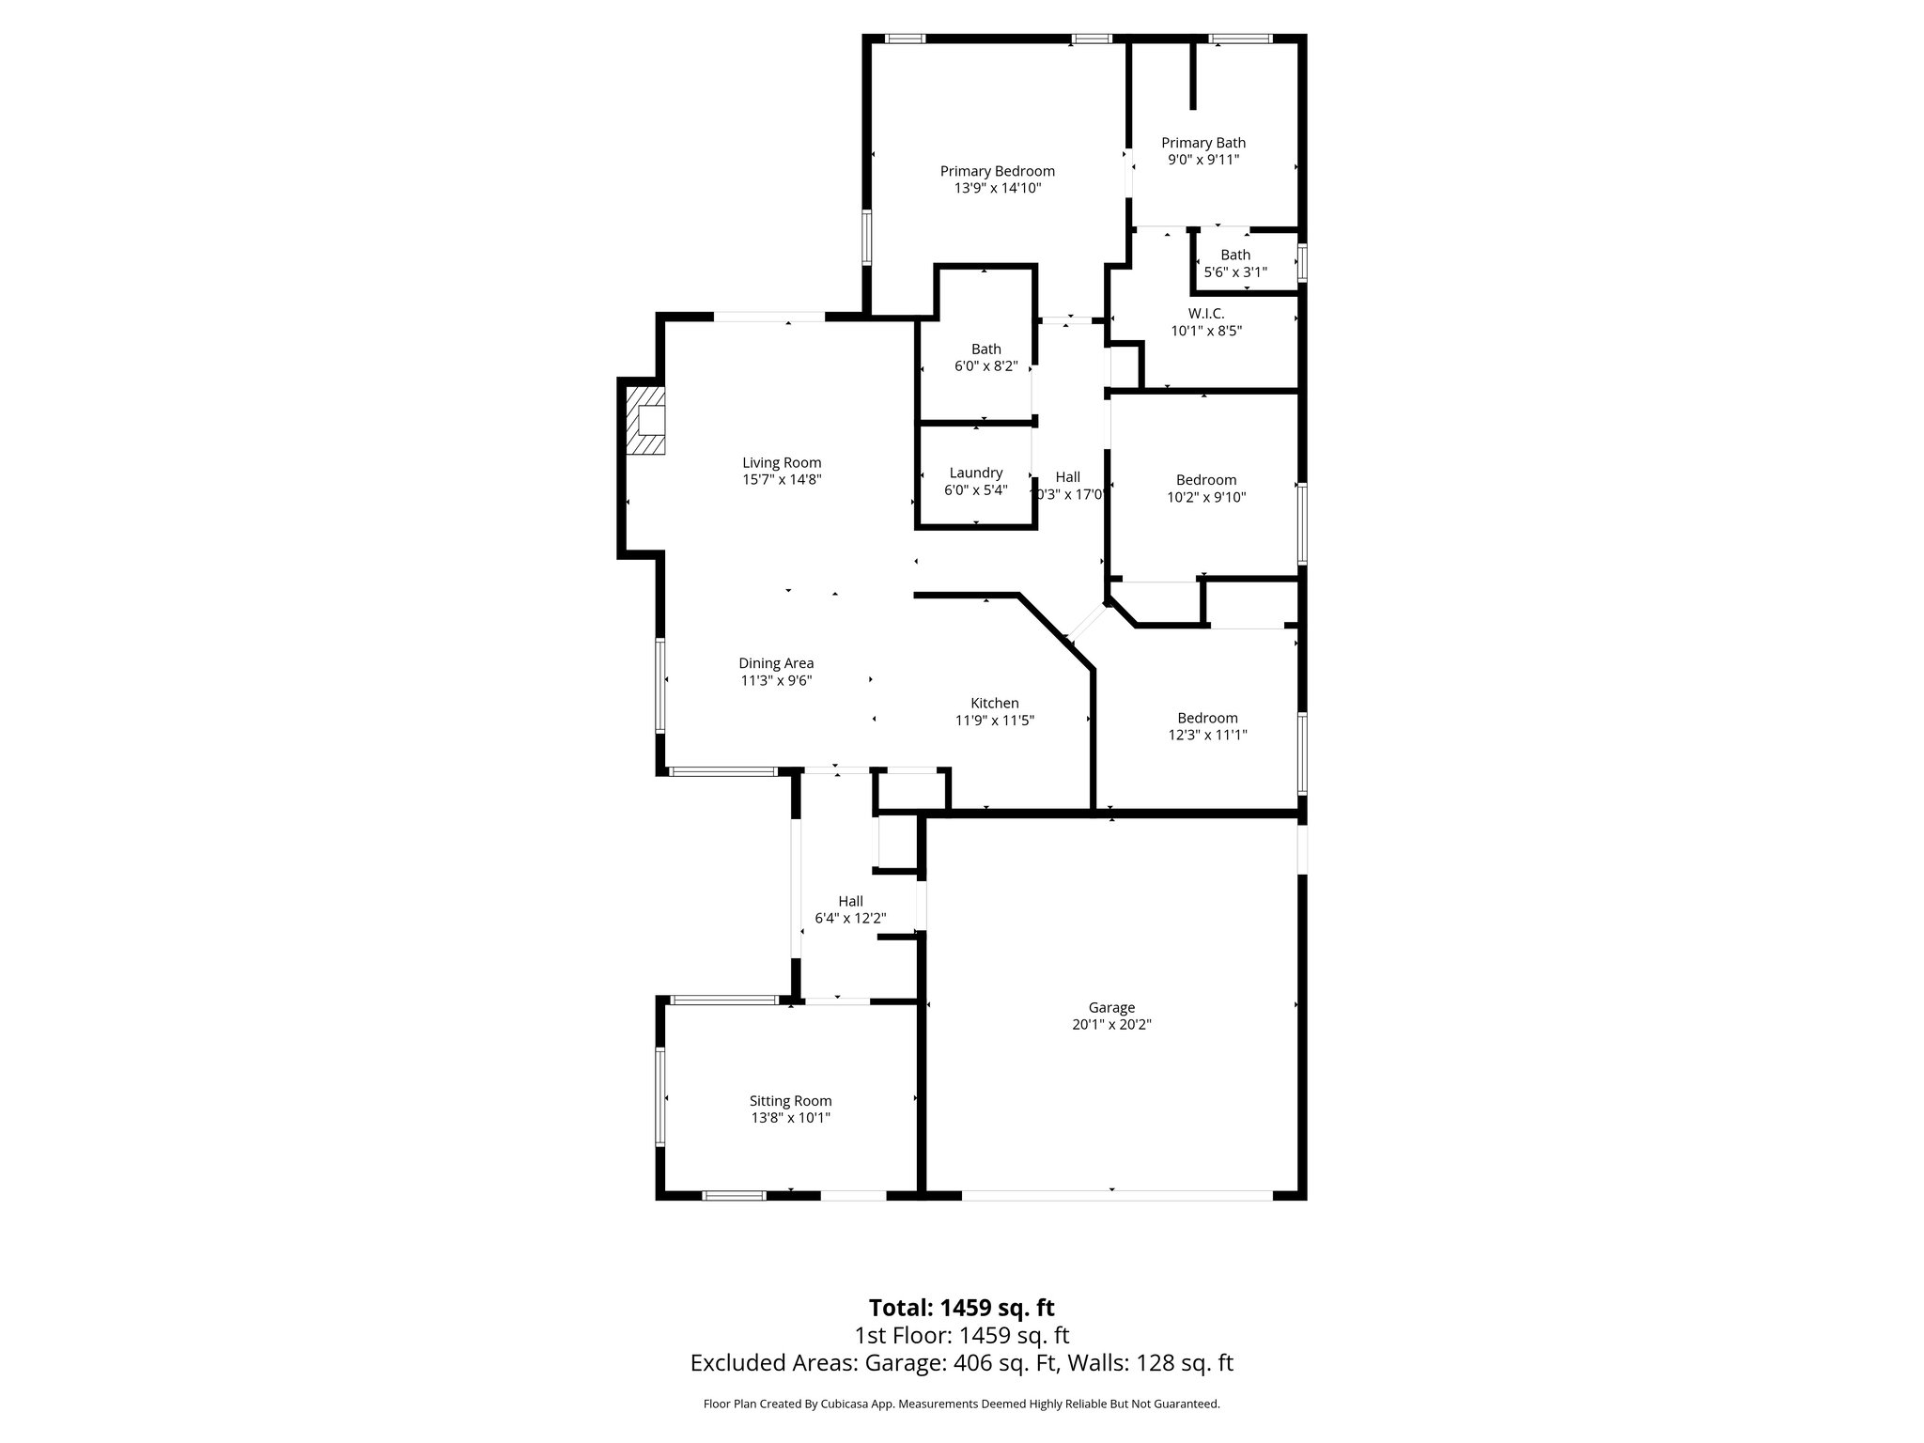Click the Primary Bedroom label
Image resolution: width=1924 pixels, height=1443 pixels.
(997, 171)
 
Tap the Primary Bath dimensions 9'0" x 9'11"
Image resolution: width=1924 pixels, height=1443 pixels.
(1203, 160)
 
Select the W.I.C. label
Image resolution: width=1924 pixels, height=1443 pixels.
(1206, 313)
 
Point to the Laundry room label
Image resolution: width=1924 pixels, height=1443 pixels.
(975, 473)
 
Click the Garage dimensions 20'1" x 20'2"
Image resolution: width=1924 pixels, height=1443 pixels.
(1111, 1025)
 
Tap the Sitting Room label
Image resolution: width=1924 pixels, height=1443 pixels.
(790, 1101)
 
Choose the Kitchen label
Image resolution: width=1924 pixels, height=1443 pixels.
(994, 703)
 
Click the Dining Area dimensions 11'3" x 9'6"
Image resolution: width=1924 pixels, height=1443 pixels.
(776, 680)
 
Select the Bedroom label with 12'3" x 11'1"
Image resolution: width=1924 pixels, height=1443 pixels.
(1207, 718)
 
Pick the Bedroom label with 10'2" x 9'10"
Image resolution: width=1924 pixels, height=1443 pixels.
(1206, 480)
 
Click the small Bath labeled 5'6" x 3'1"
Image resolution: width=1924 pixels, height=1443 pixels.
(1235, 263)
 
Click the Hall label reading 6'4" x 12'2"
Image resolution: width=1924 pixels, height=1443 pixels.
(850, 901)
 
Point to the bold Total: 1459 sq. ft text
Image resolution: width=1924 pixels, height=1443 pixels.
(961, 1308)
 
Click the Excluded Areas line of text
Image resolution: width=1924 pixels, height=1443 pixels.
(961, 1363)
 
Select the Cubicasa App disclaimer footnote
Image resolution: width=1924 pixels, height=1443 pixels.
(961, 1404)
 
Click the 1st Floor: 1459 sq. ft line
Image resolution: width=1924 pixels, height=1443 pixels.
(961, 1336)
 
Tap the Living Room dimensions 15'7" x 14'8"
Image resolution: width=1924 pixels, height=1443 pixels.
(782, 479)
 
